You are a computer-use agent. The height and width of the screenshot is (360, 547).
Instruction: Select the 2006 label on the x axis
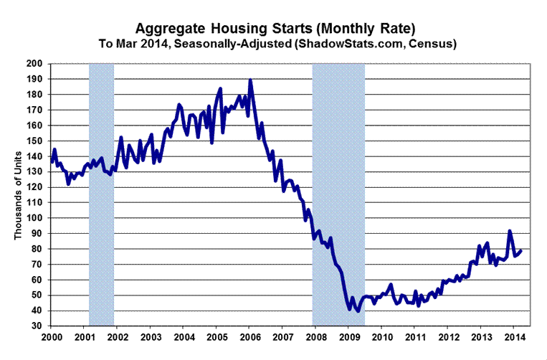[250, 336]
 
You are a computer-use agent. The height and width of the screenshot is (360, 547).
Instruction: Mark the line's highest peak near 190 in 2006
[250, 80]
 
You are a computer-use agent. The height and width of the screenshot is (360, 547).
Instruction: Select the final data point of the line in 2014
[521, 250]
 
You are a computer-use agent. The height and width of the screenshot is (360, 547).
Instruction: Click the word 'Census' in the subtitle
[437, 44]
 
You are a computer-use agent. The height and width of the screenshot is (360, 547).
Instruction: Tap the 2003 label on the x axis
[151, 336]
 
